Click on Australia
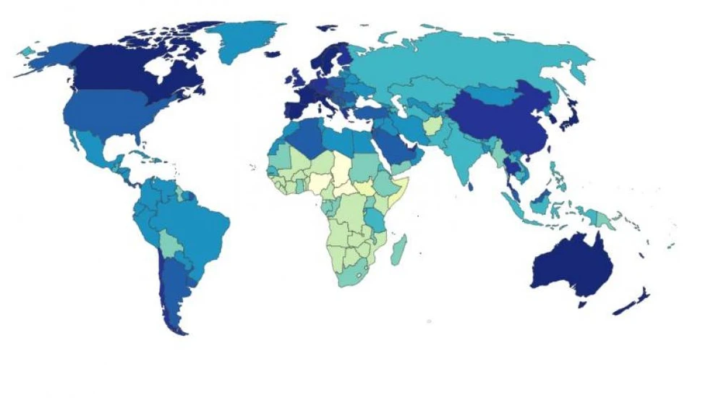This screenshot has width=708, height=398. tap(571, 268)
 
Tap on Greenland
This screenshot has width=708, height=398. tap(246, 40)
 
